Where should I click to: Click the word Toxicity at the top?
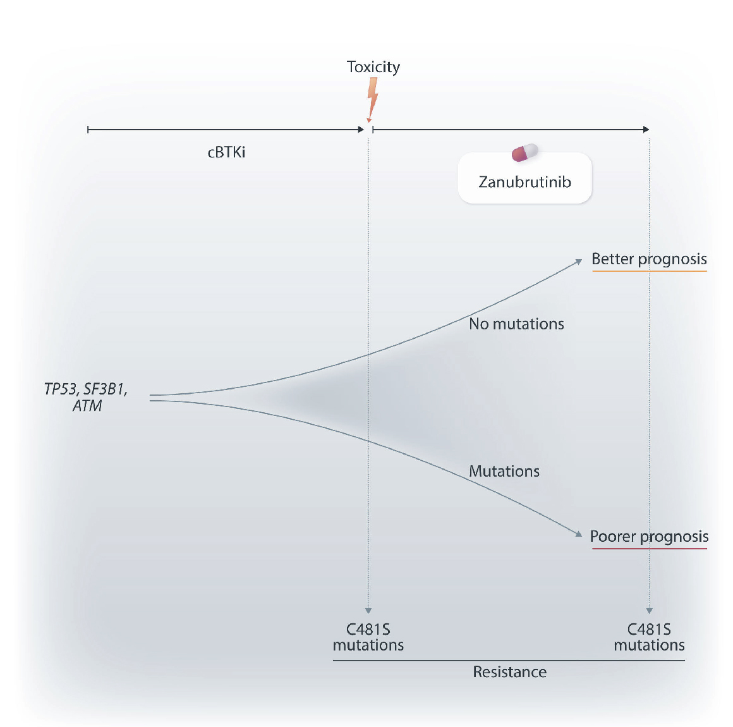click(x=373, y=67)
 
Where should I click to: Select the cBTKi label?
click(x=226, y=152)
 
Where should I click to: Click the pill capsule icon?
click(x=524, y=152)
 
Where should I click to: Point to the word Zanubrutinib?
click(x=524, y=182)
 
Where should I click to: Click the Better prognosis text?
click(x=649, y=259)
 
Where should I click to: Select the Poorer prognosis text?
click(x=649, y=537)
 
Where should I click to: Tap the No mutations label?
click(x=516, y=324)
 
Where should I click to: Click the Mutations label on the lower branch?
click(x=504, y=472)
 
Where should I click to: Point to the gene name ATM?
click(x=87, y=406)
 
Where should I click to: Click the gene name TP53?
click(x=61, y=389)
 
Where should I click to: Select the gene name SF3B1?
click(x=105, y=389)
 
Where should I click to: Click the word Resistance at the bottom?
click(x=509, y=672)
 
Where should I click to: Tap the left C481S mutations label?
click(x=368, y=637)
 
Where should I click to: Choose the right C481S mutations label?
click(x=649, y=637)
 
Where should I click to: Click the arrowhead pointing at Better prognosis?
click(x=578, y=261)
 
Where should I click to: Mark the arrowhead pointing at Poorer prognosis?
click(x=578, y=534)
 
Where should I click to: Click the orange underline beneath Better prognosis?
click(x=649, y=271)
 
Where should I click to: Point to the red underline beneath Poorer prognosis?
click(x=649, y=549)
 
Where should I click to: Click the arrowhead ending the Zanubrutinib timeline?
click(x=646, y=130)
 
